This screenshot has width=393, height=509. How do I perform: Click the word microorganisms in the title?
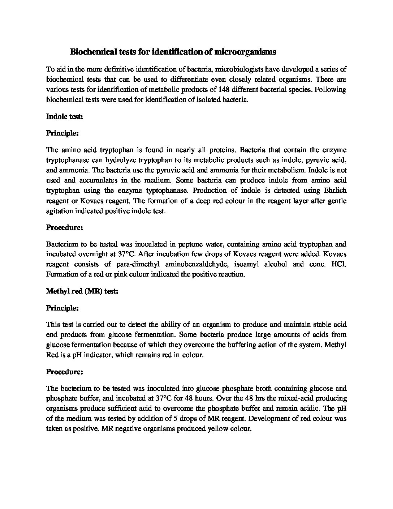click(x=245, y=52)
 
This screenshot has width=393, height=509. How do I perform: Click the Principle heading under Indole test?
click(x=62, y=133)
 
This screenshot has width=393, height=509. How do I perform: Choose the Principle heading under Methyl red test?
click(x=62, y=308)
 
